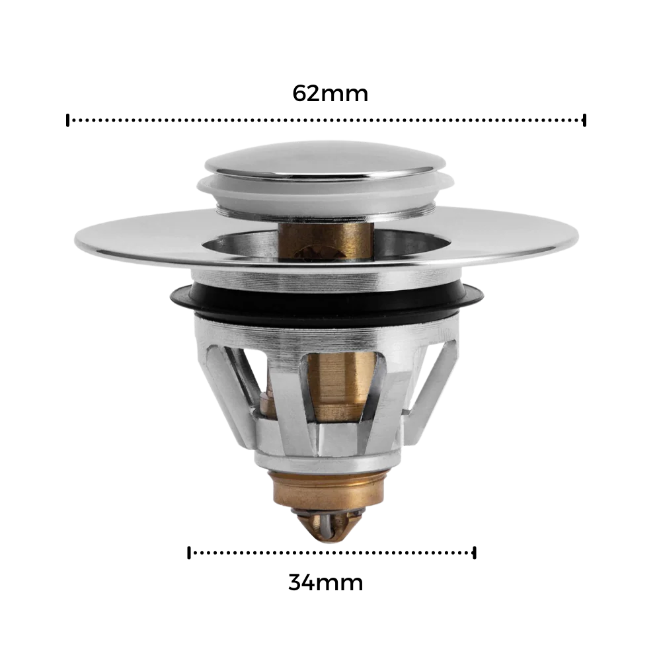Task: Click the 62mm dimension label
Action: point(330,94)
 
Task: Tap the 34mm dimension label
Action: point(325,582)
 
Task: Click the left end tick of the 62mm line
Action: point(67,120)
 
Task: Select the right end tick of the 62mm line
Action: point(584,120)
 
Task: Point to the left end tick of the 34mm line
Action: point(189,553)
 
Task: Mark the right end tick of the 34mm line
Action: point(475,553)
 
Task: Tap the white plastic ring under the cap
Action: point(325,192)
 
